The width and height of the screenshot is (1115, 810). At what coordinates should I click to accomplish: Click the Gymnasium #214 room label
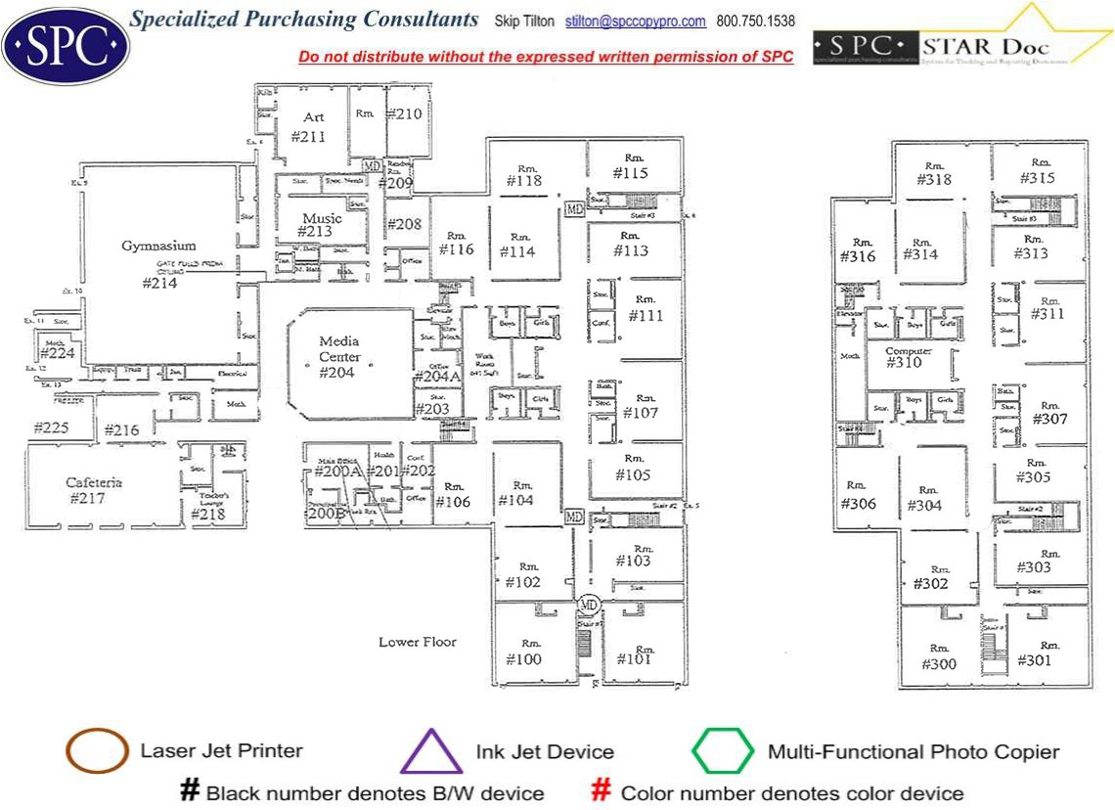point(159,264)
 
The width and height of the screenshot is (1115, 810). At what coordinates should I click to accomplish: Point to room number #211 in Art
point(309,136)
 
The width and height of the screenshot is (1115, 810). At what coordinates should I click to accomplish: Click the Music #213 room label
point(320,225)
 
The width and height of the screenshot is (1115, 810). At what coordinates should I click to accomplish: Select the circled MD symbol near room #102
point(589,604)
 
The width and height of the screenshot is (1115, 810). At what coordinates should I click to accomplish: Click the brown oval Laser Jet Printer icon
point(97,751)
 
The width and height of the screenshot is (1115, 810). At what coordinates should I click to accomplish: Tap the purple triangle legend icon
point(430,751)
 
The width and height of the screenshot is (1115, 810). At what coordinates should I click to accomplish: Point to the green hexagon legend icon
point(723,751)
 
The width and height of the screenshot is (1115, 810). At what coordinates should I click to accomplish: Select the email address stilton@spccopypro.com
point(636,22)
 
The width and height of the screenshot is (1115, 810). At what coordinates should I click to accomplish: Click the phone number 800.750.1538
point(755,22)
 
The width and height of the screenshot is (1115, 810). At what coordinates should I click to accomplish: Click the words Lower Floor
point(418,642)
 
